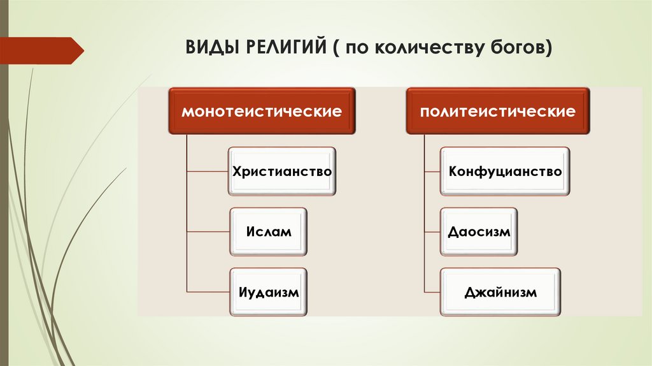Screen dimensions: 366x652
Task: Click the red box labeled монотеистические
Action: point(262,112)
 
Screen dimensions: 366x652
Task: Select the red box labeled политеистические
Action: point(497,112)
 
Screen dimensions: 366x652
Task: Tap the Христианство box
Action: point(281,171)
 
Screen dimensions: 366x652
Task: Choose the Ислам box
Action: point(268,231)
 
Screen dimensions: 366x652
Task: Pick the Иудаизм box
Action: point(268,292)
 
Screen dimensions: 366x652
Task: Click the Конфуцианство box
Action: point(504,171)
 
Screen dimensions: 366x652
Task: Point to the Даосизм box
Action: point(479,231)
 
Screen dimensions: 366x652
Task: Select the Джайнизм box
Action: point(500,292)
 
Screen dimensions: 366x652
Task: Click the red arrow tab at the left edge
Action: point(41,50)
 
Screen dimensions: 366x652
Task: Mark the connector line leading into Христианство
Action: point(208,172)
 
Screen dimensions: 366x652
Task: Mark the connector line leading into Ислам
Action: point(208,231)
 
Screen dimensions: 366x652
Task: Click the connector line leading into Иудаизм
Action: point(208,292)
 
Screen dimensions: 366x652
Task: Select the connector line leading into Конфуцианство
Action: point(432,172)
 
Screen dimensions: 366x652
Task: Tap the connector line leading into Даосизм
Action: point(432,231)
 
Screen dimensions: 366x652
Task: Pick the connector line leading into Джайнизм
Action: point(432,292)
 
